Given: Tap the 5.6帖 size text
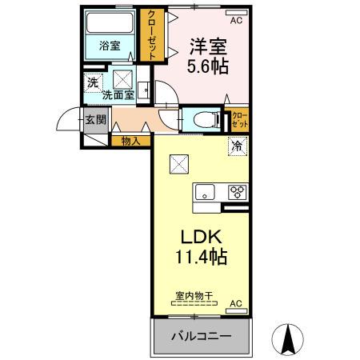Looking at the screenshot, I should [208, 67].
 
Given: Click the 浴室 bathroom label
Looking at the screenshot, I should [110, 46].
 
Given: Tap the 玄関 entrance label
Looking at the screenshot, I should [95, 121].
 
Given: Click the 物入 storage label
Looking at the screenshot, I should [130, 142].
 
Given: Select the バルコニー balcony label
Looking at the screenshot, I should [200, 336].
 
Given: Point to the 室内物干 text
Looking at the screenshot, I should [194, 296].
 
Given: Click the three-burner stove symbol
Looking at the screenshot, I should [237, 192].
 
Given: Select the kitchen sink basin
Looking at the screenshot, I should [205, 192].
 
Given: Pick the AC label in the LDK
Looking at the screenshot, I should [235, 303].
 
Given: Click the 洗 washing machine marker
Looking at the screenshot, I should [93, 82].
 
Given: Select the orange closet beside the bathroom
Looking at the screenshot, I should [150, 35].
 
